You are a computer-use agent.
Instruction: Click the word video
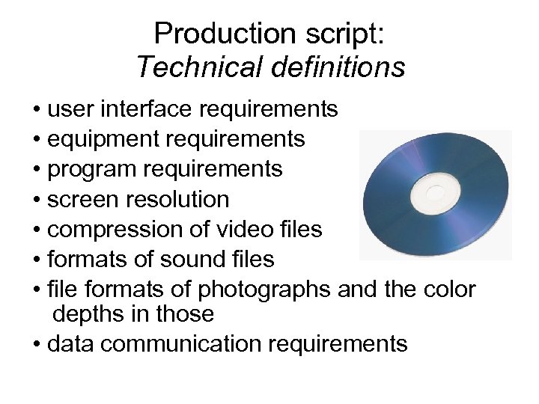click(238, 229)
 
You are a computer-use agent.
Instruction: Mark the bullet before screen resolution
click(37, 200)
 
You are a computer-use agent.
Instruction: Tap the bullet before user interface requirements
click(37, 110)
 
